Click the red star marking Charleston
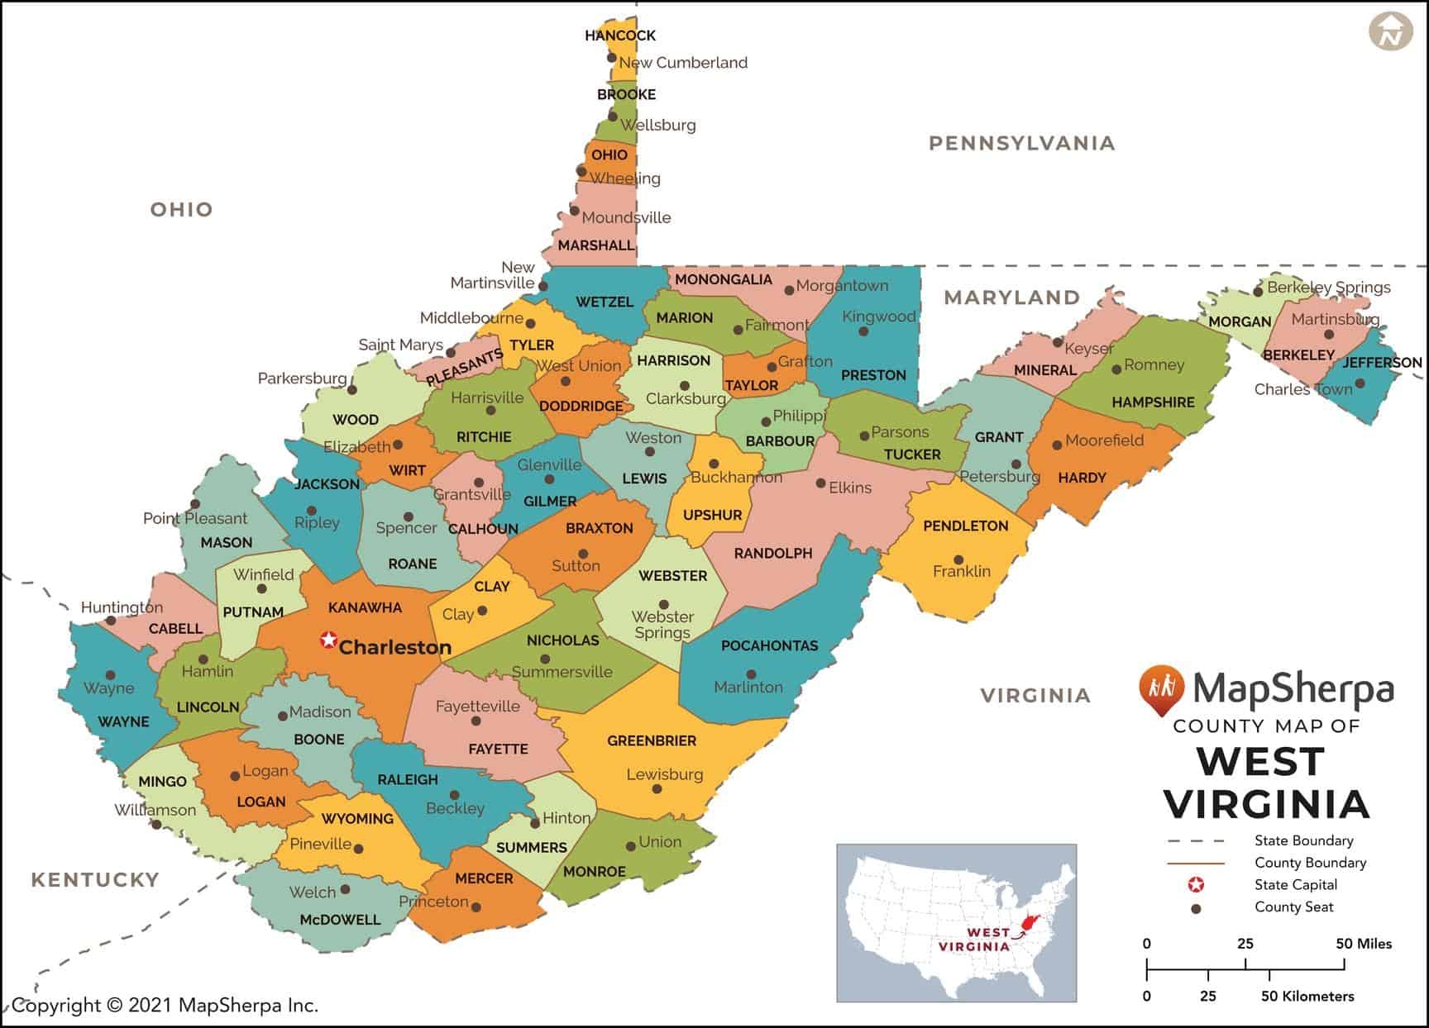[329, 640]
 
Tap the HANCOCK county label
[619, 36]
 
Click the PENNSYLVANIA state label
[1021, 143]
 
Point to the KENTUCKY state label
[95, 879]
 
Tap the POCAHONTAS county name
[769, 645]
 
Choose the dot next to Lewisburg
[657, 789]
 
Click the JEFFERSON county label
[1382, 362]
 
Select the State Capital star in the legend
[1195, 885]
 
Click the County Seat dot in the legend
[1195, 908]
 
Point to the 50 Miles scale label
[1364, 944]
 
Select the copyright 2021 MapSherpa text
[165, 1005]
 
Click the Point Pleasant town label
[195, 519]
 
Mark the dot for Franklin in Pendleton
[958, 559]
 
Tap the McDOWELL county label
[340, 920]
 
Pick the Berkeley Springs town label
[1328, 288]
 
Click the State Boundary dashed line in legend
[1195, 841]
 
